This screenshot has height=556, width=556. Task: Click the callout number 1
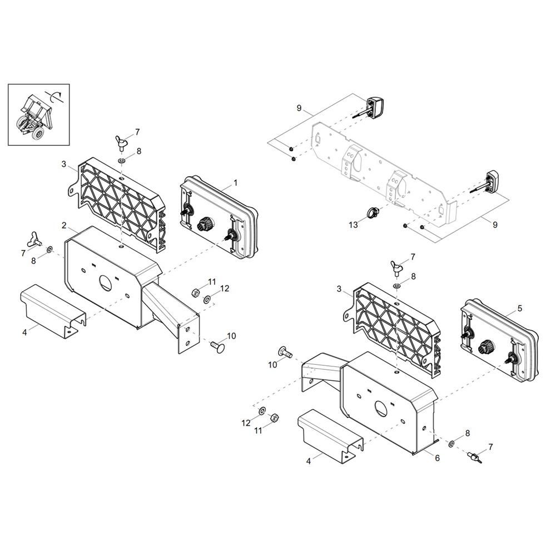click(x=235, y=183)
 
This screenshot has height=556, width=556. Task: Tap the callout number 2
click(x=64, y=226)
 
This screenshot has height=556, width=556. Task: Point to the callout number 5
click(x=519, y=308)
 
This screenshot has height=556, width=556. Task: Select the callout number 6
click(x=437, y=458)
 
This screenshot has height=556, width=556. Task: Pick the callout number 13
click(x=353, y=225)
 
